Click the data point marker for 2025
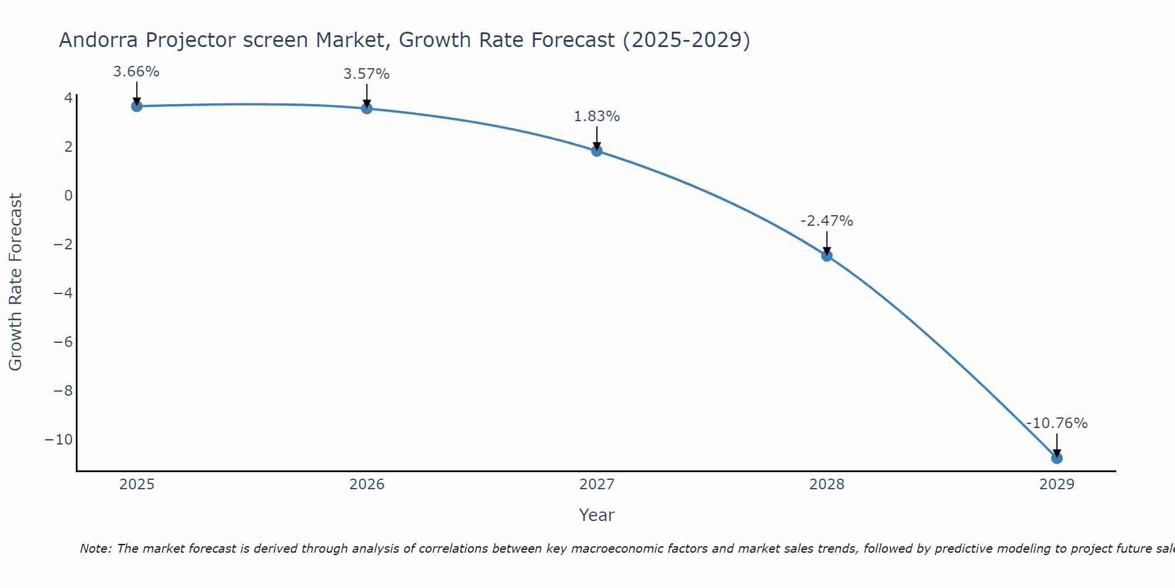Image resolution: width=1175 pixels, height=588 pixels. (137, 106)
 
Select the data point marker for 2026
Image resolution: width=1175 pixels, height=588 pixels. (367, 108)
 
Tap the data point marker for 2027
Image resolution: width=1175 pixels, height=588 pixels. (597, 151)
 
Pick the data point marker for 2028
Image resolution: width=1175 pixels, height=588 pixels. (827, 256)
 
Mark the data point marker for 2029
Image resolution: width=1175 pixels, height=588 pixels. (1057, 458)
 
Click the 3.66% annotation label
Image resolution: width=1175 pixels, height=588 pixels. (136, 72)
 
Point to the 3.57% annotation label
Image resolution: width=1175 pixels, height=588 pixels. (367, 74)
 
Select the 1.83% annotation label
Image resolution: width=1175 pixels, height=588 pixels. (597, 116)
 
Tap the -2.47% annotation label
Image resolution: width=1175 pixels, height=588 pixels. (827, 221)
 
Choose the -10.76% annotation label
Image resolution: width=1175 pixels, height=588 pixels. (1057, 423)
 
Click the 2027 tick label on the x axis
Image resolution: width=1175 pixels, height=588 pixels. (597, 485)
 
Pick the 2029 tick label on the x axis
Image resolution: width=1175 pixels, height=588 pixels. (1057, 485)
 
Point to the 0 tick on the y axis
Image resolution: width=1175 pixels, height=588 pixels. (69, 195)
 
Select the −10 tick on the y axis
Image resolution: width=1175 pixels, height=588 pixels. (59, 440)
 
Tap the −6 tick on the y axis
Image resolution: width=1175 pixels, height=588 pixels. (63, 342)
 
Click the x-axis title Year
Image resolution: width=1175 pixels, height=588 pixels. (597, 515)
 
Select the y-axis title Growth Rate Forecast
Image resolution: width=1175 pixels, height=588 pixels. (15, 282)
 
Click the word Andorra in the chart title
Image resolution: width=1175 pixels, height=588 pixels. (99, 40)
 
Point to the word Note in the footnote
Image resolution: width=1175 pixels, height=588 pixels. (95, 549)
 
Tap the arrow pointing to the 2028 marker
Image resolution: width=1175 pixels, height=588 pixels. (827, 242)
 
